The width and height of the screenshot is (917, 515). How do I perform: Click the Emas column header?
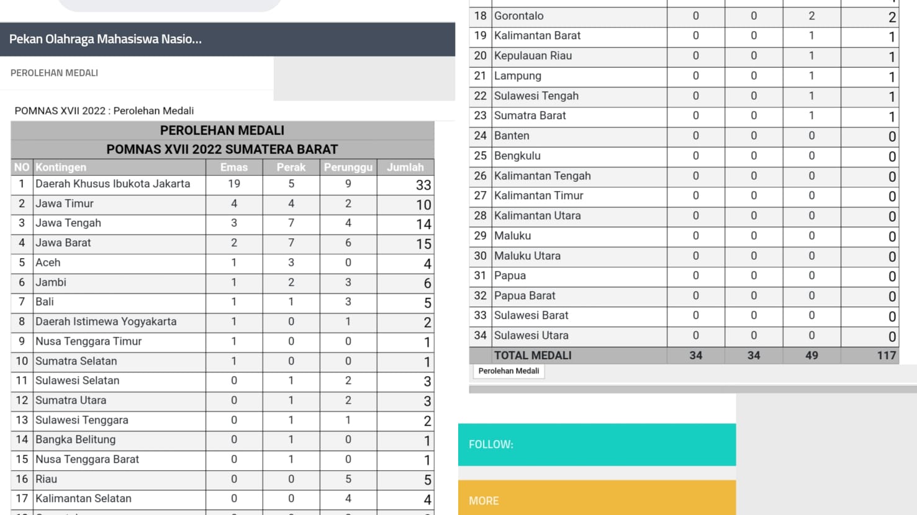point(234,168)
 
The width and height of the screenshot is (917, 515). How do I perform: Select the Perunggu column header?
point(348,168)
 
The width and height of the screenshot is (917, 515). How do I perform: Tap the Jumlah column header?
point(405,168)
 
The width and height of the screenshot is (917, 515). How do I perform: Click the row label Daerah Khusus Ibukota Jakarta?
point(112,184)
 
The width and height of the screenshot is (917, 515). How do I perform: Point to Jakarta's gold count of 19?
point(234,184)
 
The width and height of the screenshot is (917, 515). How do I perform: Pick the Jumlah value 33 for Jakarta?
point(423,185)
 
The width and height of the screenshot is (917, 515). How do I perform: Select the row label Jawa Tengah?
point(68,223)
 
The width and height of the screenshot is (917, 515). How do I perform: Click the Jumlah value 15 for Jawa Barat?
point(423,244)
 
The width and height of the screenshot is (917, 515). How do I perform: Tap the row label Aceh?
point(48,262)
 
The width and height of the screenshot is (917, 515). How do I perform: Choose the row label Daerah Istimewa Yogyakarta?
point(106,321)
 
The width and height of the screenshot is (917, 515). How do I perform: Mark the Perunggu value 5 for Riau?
point(348,479)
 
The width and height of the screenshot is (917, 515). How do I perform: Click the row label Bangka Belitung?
point(75,439)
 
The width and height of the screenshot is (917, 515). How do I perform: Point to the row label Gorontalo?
point(518,16)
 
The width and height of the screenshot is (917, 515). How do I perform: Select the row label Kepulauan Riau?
point(533,56)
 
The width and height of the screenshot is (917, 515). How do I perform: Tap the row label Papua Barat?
point(525,295)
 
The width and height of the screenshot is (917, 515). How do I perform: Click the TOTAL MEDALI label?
point(533,356)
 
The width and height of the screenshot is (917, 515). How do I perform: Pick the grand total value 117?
point(886,356)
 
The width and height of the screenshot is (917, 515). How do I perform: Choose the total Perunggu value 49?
point(811,356)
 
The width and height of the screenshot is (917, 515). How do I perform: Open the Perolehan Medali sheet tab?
point(508,371)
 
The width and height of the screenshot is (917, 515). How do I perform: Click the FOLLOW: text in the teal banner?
point(491,445)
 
